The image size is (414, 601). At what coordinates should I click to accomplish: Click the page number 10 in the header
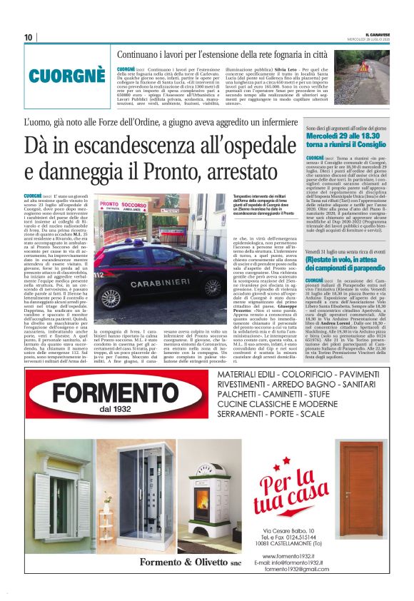[28, 37]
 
